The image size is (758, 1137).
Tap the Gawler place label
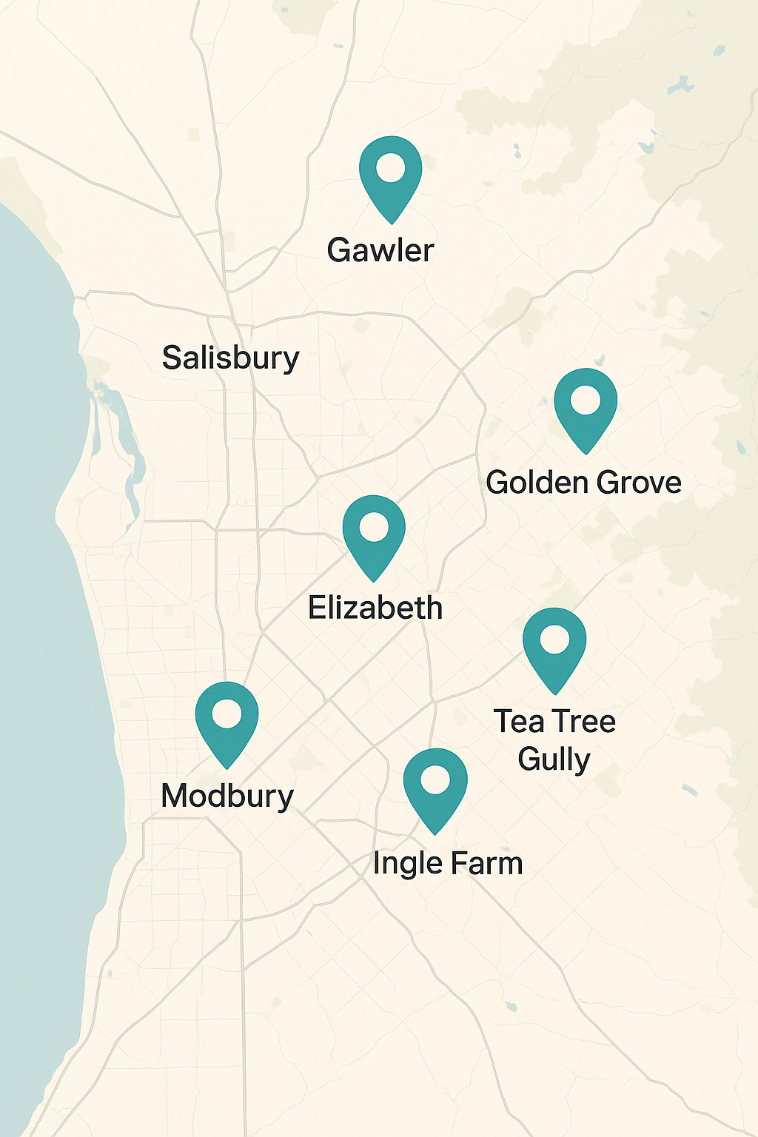(x=380, y=250)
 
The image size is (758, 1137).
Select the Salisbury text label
(x=230, y=358)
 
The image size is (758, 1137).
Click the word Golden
(x=537, y=483)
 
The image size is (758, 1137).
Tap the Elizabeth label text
(x=375, y=608)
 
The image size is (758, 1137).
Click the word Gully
(x=554, y=759)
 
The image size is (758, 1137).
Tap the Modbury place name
(x=227, y=796)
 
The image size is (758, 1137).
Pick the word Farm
(x=486, y=864)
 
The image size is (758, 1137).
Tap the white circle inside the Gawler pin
(x=390, y=167)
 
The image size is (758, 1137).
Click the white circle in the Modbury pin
(x=227, y=714)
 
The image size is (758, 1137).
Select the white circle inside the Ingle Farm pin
(x=435, y=779)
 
